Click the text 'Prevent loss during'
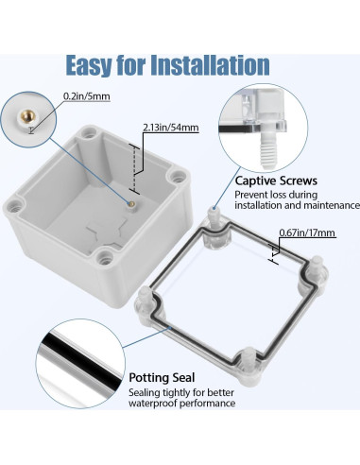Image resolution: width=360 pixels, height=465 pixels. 281,194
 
